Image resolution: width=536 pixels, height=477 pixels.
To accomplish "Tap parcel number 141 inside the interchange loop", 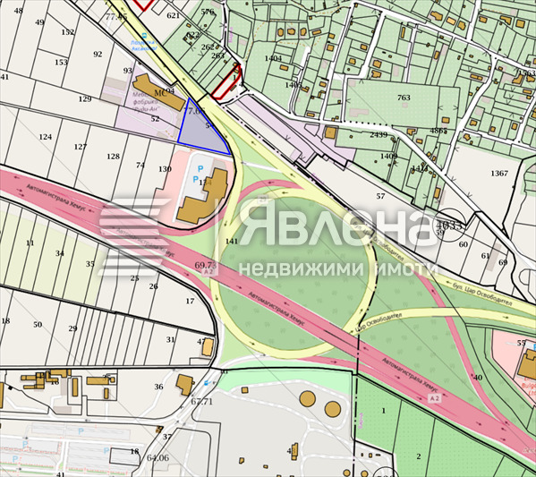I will [x=232, y=242].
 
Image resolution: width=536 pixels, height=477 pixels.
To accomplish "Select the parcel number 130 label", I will [x=165, y=169].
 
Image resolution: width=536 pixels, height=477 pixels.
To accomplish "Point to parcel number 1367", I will [x=499, y=173].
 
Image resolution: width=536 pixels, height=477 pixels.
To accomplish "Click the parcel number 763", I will [x=404, y=98].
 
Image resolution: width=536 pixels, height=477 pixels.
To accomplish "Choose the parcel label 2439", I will [x=379, y=135].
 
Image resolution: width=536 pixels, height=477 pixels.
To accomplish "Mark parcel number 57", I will [x=380, y=196].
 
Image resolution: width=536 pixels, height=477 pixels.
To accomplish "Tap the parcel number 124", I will [x=45, y=137].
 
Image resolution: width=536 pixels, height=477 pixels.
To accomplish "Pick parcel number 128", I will [x=113, y=157].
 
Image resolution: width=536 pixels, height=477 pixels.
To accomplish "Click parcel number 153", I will [x=61, y=63].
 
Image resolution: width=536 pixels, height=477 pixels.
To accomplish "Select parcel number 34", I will [x=60, y=253].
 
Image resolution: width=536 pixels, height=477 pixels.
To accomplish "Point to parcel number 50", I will [x=38, y=324].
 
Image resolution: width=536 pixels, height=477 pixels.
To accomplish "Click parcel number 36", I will [x=158, y=387].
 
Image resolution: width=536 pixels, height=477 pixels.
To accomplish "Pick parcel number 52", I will [x=155, y=119].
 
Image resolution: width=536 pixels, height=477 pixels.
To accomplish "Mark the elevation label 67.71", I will [x=202, y=401].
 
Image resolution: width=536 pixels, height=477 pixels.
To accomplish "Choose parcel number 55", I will [x=521, y=343].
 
